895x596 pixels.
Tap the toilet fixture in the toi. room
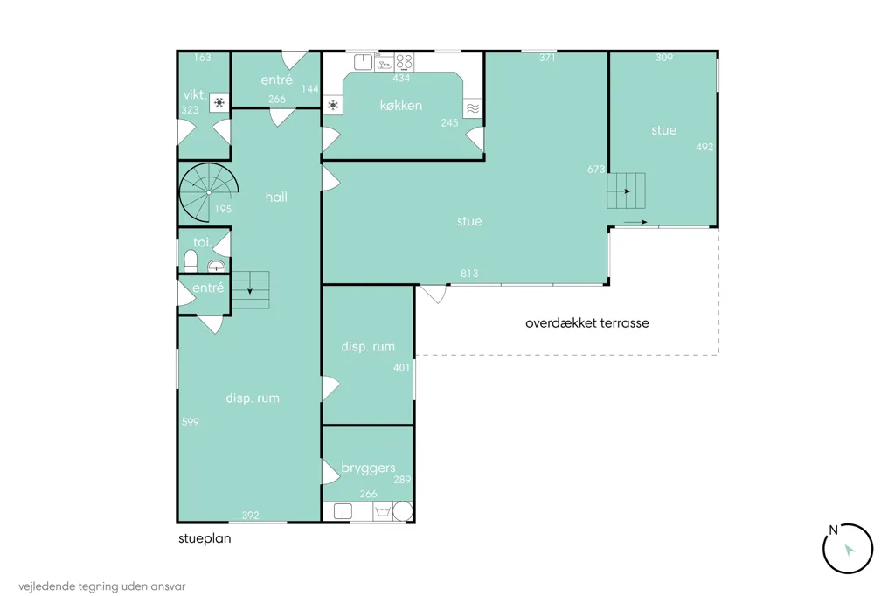pyautogui.click(x=191, y=261)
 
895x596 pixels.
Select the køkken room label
pyautogui.click(x=400, y=105)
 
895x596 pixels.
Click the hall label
pyautogui.click(x=276, y=197)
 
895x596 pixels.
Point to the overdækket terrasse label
pyautogui.click(x=586, y=322)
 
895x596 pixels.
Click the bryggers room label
pyautogui.click(x=368, y=468)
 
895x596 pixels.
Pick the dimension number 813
pyautogui.click(x=469, y=274)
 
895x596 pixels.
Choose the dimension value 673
pyautogui.click(x=595, y=169)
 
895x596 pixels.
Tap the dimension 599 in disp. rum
pyautogui.click(x=190, y=422)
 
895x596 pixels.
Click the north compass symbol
pyautogui.click(x=848, y=549)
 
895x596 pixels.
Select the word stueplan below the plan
pyautogui.click(x=205, y=538)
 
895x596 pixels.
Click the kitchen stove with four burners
pyautogui.click(x=404, y=62)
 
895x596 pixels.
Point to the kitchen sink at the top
pyautogui.click(x=363, y=62)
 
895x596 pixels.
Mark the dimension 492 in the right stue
pyautogui.click(x=704, y=147)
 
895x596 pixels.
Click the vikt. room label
pyautogui.click(x=195, y=94)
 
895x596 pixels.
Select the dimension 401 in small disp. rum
pyautogui.click(x=401, y=368)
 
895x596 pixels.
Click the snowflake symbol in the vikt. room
pyautogui.click(x=219, y=103)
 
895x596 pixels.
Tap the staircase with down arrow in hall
pyautogui.click(x=251, y=289)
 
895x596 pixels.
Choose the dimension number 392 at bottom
pyautogui.click(x=250, y=516)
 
